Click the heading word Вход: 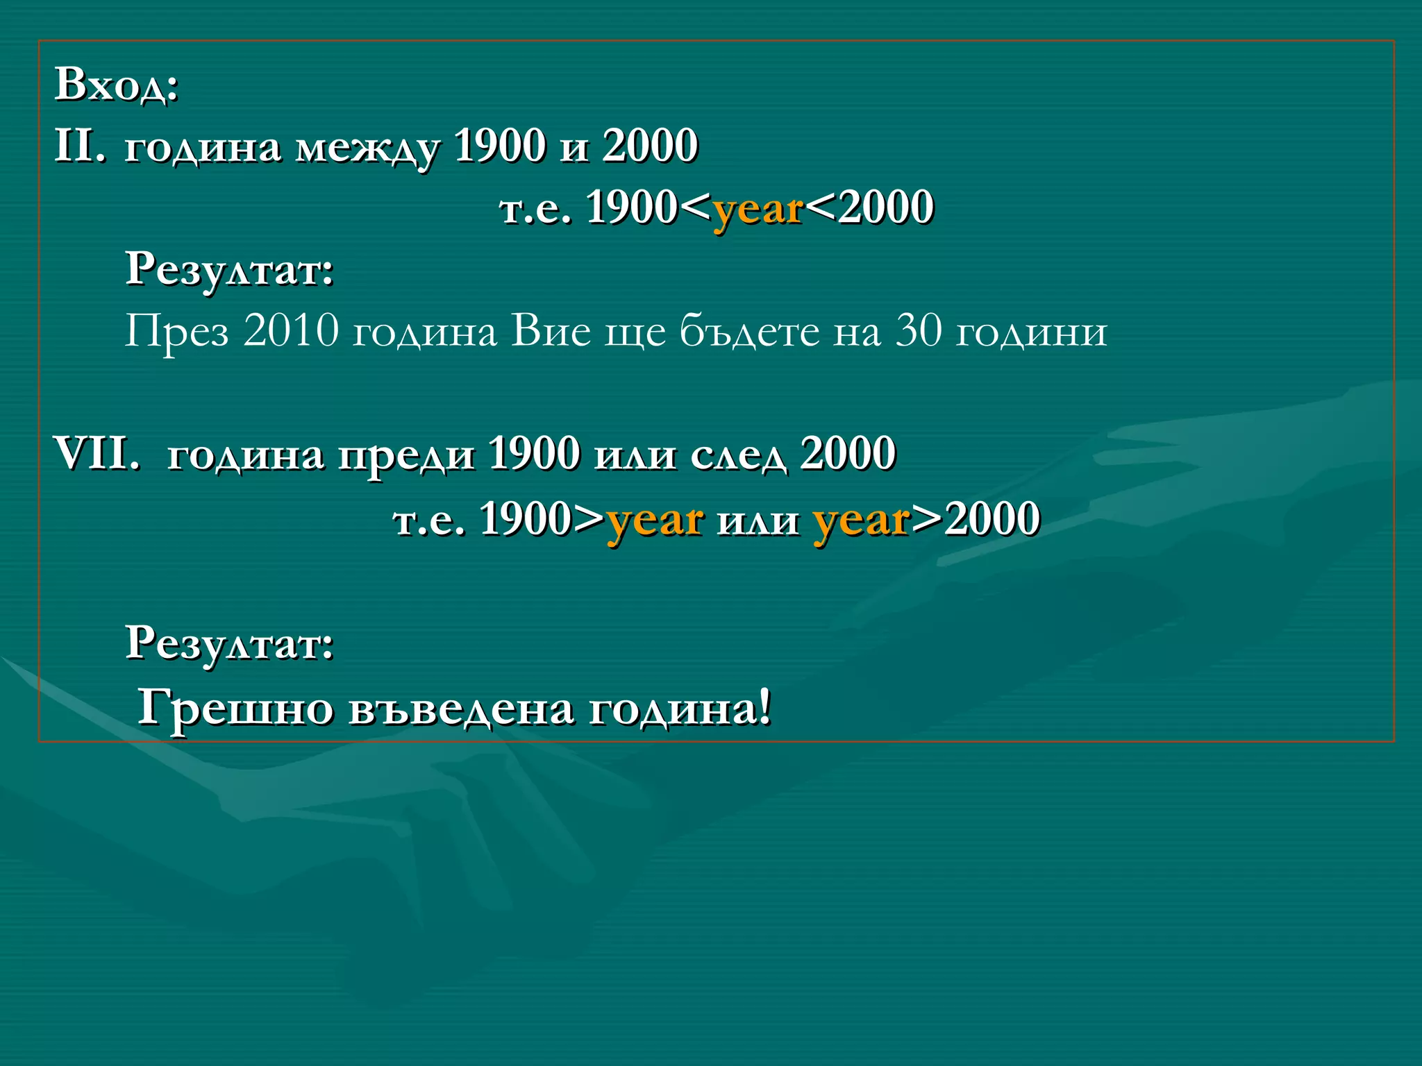click(117, 85)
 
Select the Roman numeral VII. click(97, 454)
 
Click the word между click(367, 147)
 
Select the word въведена click(461, 709)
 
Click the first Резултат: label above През click(230, 269)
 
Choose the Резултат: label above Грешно click(230, 643)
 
